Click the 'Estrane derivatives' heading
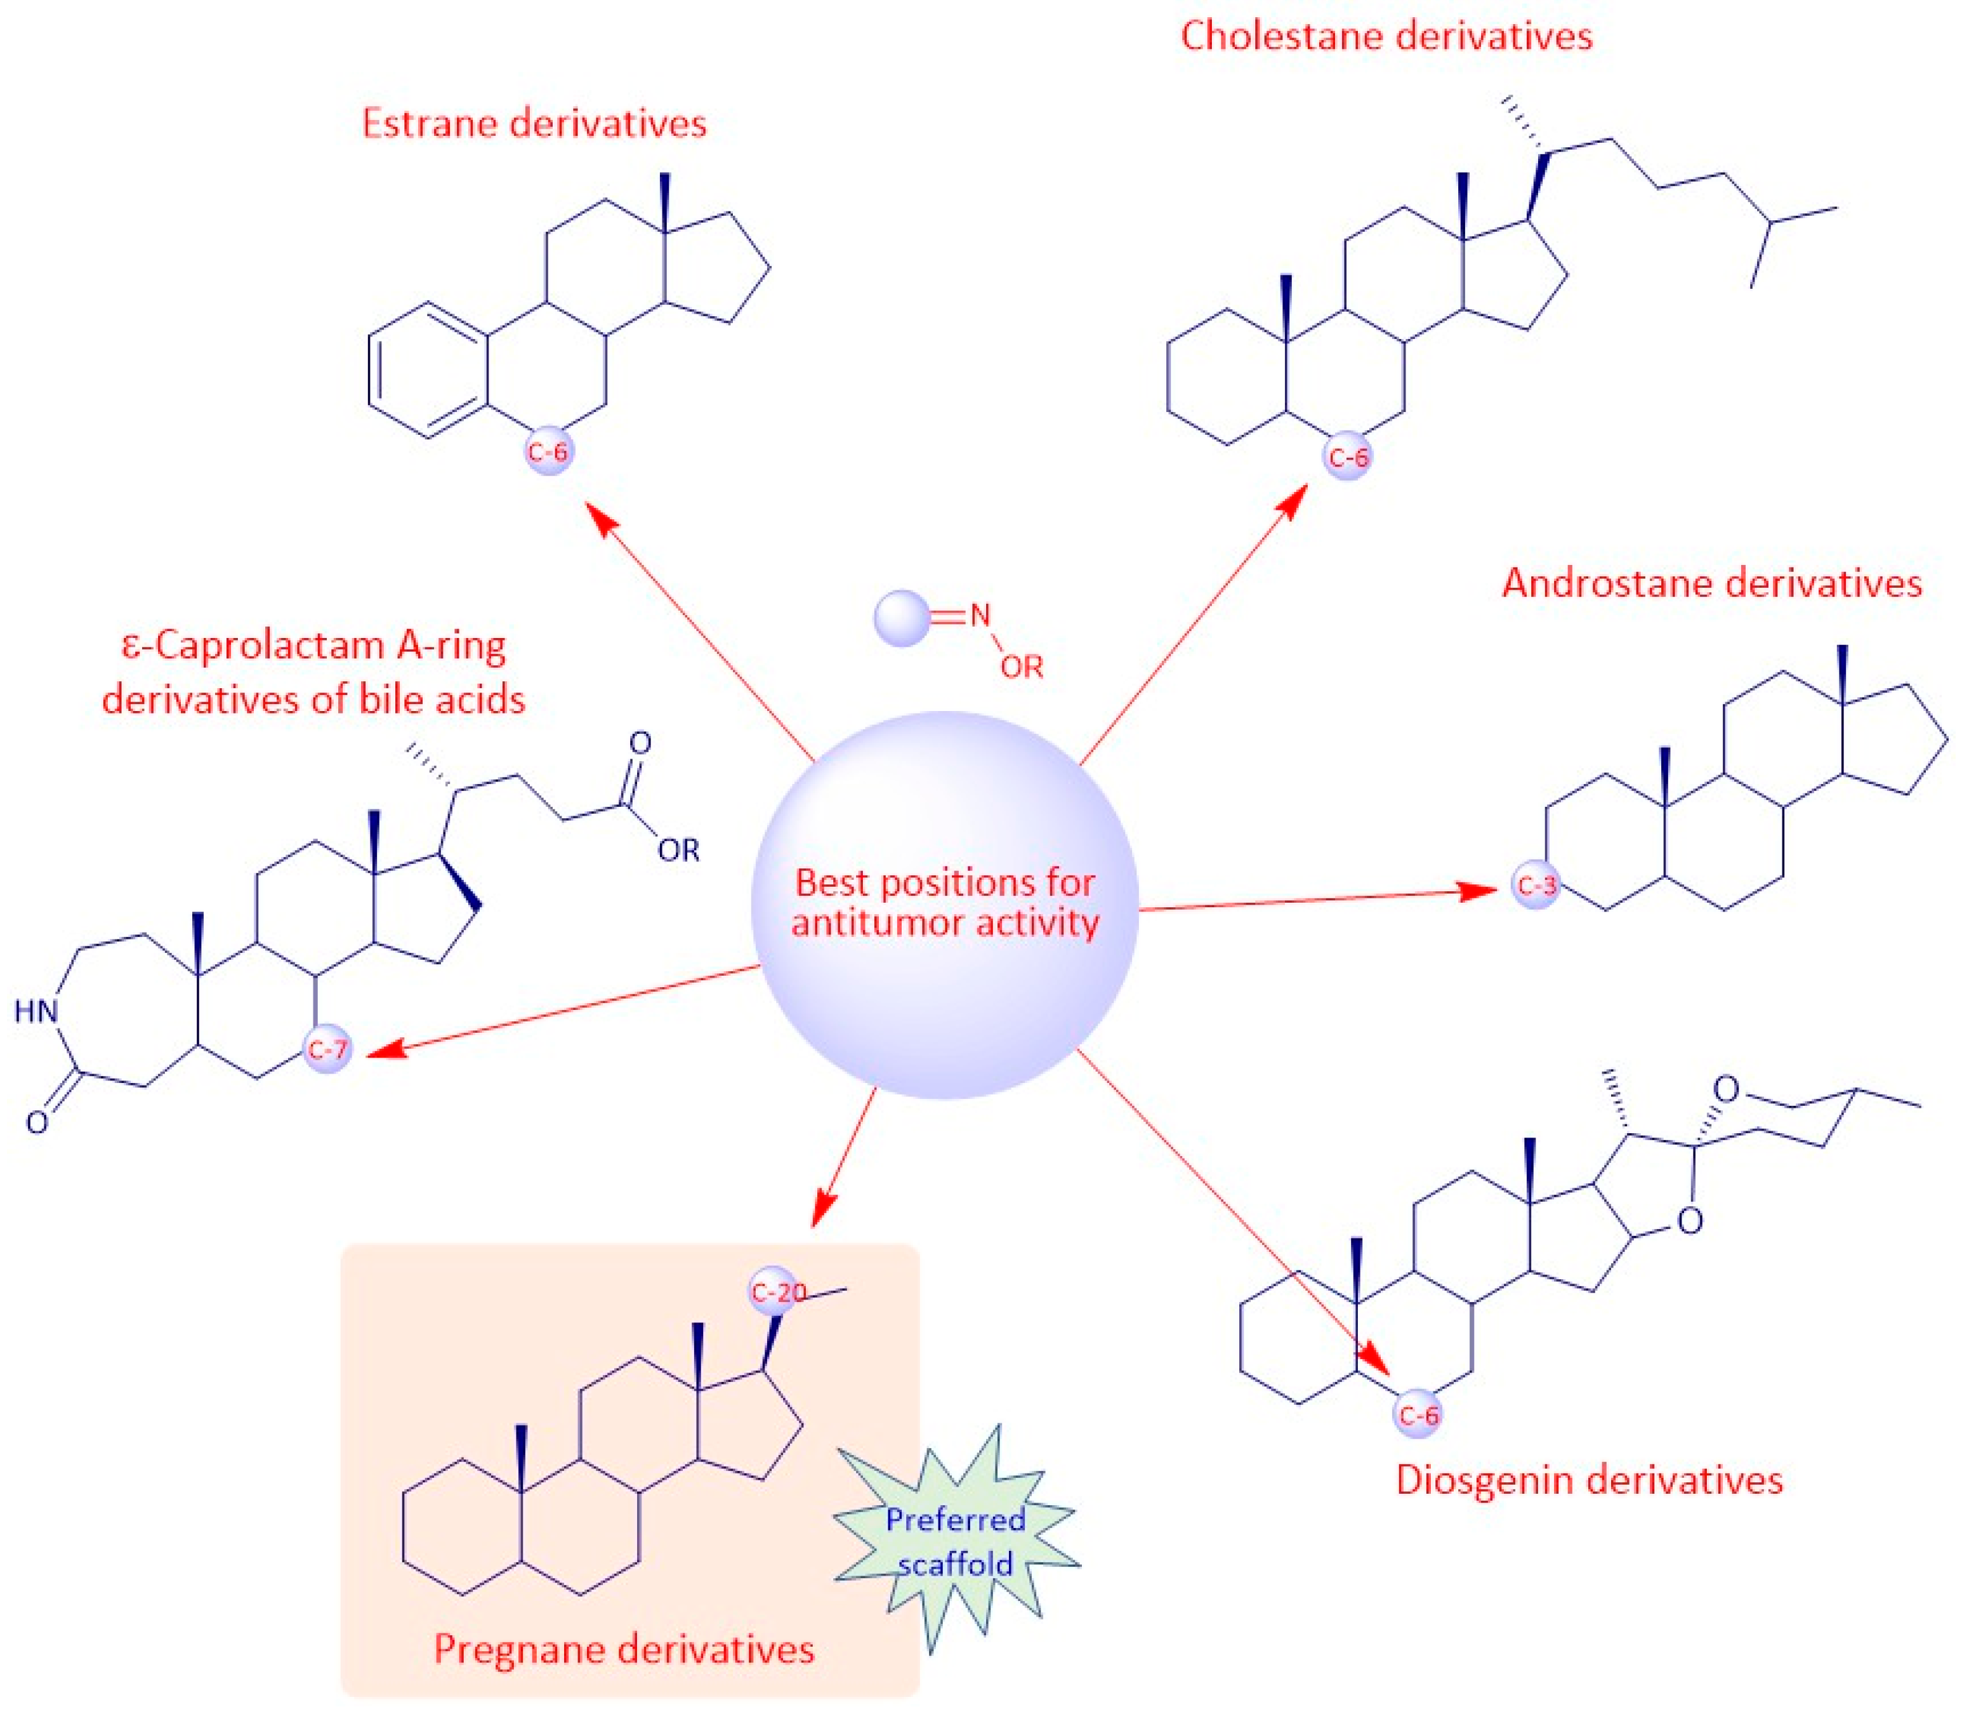(534, 124)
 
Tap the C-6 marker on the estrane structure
(549, 451)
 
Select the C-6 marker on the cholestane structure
(1348, 456)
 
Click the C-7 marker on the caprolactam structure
(327, 1049)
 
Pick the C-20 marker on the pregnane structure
(777, 1292)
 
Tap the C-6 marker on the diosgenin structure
(1418, 1414)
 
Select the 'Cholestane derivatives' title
(1385, 36)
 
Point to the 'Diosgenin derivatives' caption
(1589, 1480)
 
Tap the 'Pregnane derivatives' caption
(624, 1649)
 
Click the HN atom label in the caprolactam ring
(36, 1011)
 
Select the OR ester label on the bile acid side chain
(678, 850)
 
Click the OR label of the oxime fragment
(1022, 667)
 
